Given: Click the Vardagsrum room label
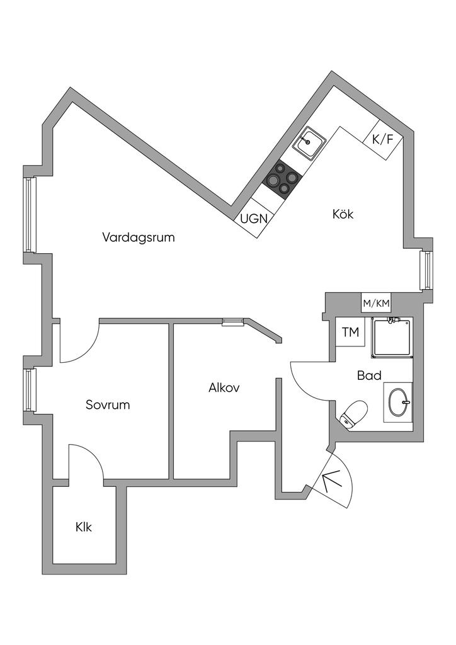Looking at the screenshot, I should [x=138, y=237].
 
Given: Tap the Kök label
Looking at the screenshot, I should [x=343, y=214].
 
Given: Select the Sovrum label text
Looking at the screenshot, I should [x=108, y=404].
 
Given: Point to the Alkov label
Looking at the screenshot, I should [x=224, y=388].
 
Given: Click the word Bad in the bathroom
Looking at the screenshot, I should [x=369, y=375].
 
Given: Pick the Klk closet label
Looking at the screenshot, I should [x=83, y=527].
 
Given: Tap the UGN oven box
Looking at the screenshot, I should [x=255, y=219].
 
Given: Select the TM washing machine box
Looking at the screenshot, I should [x=350, y=332].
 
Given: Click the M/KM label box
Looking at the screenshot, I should [x=376, y=304].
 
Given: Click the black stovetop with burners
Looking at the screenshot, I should [x=281, y=180].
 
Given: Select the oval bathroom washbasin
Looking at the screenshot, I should [x=398, y=401].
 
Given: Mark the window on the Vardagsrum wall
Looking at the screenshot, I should [x=30, y=215].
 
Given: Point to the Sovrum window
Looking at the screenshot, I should [x=30, y=390].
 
